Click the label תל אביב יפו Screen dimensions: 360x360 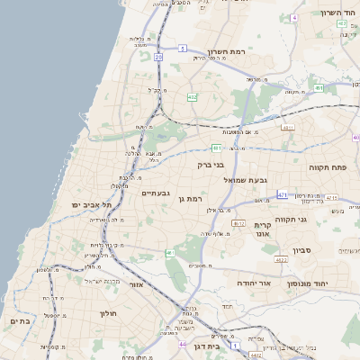[91, 205]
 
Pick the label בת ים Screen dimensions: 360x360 [20, 320]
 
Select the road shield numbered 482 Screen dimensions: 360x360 [193, 96]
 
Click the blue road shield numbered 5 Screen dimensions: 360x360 [182, 49]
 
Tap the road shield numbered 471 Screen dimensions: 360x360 [283, 194]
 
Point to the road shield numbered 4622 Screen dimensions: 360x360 [282, 260]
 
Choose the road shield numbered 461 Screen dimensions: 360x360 [319, 88]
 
